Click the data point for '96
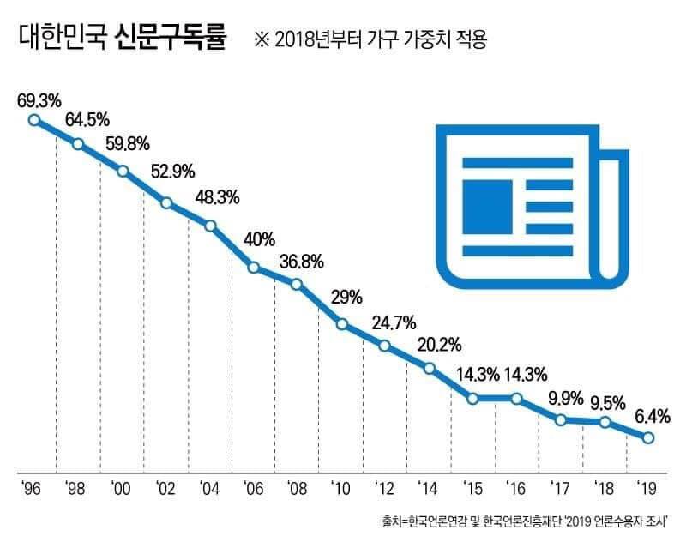[x=34, y=121]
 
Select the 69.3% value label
[x=39, y=99]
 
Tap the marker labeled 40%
[x=254, y=268]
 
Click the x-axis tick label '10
[x=341, y=489]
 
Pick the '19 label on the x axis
[x=647, y=489]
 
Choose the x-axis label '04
[x=210, y=489]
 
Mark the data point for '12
[x=385, y=346]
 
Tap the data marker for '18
[x=605, y=423]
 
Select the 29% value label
[x=346, y=298]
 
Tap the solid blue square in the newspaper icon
[x=488, y=207]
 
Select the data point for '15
[x=472, y=398]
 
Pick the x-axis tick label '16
[x=516, y=489]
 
